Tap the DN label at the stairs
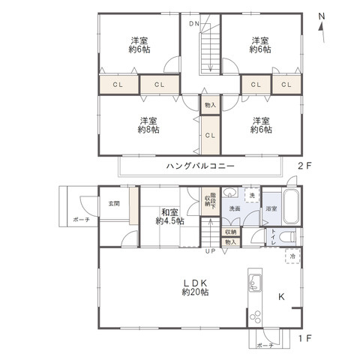tap(194, 24)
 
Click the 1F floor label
tap(304, 339)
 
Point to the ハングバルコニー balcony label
tap(201, 165)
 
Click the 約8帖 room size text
tap(148, 130)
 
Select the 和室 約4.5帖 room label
tap(169, 216)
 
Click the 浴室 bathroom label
tap(271, 208)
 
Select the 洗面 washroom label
tap(235, 208)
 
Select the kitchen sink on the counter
tap(253, 283)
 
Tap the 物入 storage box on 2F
tap(209, 105)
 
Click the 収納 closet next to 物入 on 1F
tap(230, 232)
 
